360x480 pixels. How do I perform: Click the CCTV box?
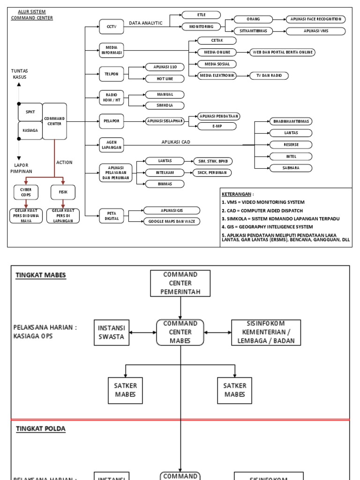tap(111, 27)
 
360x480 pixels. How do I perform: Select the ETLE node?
tap(201, 15)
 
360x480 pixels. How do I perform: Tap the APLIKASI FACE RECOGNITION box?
tap(316, 19)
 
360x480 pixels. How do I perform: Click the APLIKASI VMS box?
tap(316, 31)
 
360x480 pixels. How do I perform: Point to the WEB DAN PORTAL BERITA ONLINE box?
tap(282, 52)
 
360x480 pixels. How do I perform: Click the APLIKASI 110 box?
tap(165, 67)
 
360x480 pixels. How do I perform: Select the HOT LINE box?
tap(165, 78)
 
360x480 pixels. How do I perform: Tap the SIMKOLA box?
tap(165, 105)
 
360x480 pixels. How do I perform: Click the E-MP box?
tap(217, 126)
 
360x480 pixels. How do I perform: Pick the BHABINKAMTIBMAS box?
tap(291, 121)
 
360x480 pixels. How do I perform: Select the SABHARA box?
tap(291, 168)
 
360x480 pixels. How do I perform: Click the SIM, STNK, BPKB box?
tap(213, 161)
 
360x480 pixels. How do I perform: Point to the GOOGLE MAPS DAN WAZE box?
tap(172, 221)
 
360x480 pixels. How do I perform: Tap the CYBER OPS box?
tap(26, 192)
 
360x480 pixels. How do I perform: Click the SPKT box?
tap(30, 112)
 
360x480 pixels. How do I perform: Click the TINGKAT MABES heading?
tap(41, 276)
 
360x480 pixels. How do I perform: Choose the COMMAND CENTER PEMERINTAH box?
tap(180, 283)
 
